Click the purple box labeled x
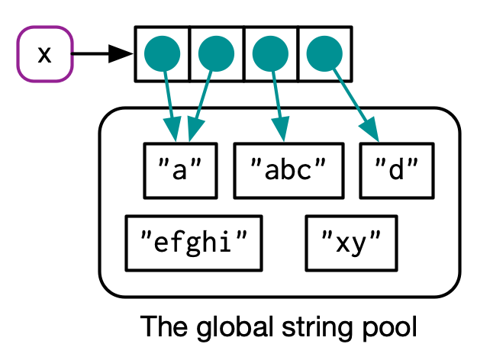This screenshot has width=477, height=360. click(45, 54)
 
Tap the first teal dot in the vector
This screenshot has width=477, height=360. click(162, 54)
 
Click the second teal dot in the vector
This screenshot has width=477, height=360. click(216, 54)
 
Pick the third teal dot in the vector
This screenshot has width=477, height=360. click(270, 54)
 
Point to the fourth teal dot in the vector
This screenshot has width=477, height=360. click(324, 54)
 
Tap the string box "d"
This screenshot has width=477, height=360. click(397, 170)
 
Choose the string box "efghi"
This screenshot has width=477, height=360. click(194, 243)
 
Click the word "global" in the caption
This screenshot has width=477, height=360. click(223, 328)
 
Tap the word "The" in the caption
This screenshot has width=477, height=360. click(163, 328)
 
